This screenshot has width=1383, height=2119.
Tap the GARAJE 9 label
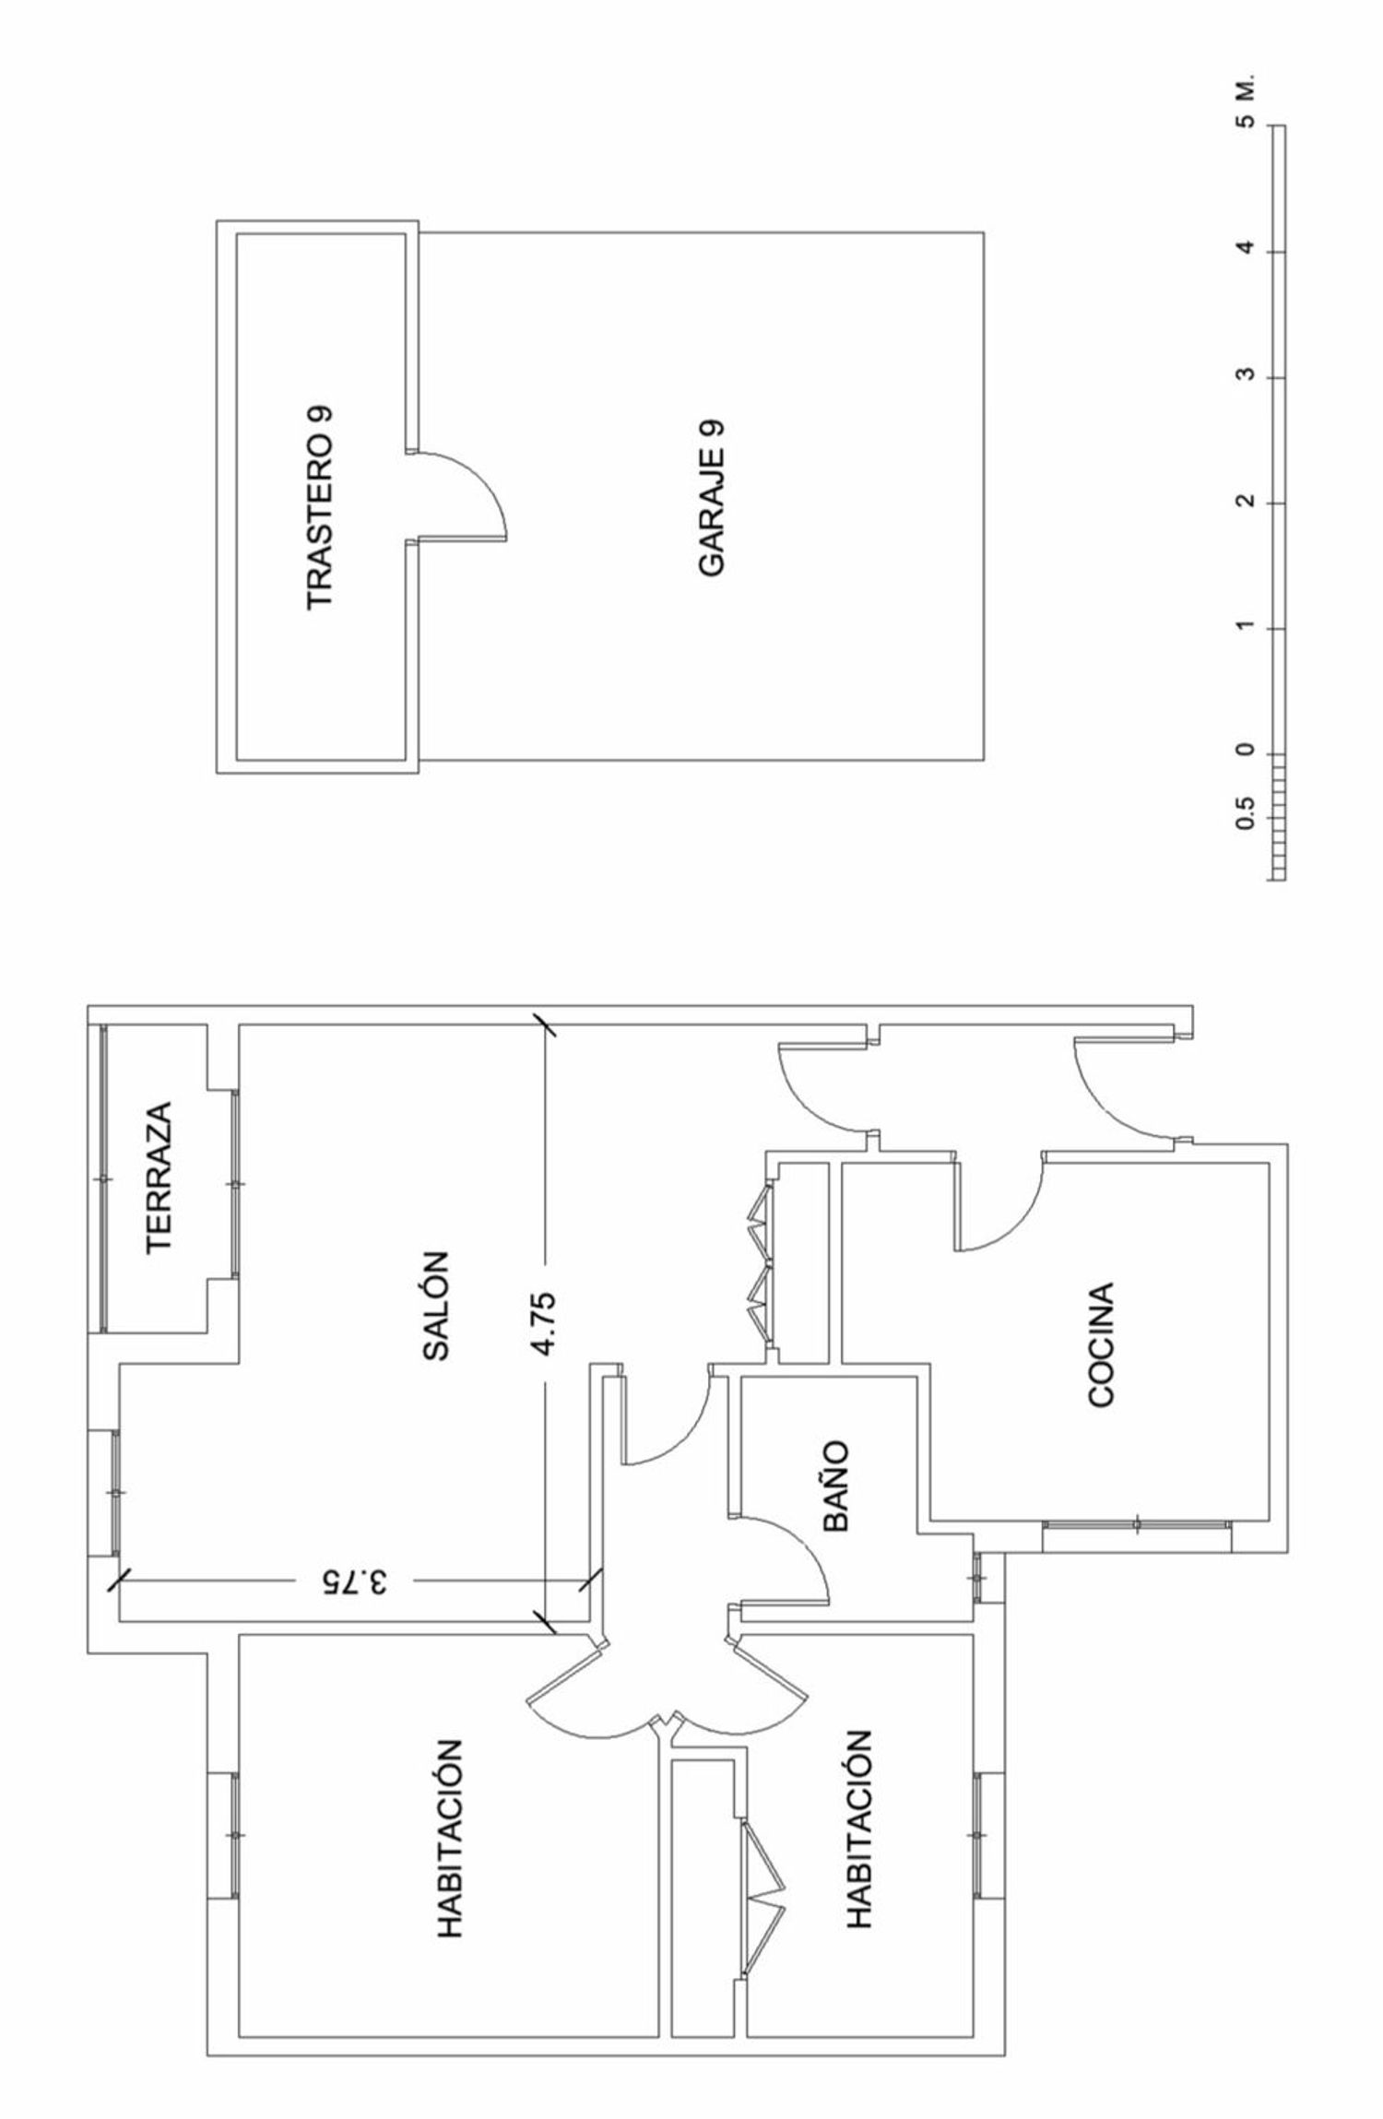(x=712, y=499)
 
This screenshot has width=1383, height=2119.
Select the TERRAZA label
(x=160, y=1177)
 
